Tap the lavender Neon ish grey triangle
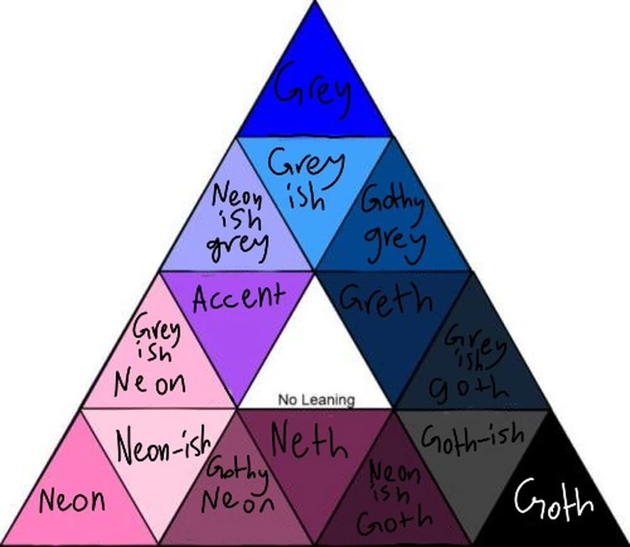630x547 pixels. [x=239, y=221]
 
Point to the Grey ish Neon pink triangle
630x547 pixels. [x=162, y=363]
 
